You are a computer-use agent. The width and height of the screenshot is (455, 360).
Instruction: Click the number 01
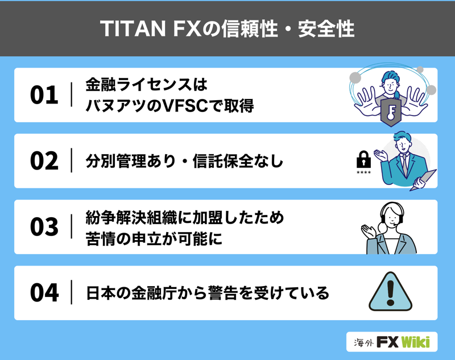pyautogui.click(x=44, y=95)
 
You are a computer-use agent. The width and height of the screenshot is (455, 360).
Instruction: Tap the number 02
pyautogui.click(x=44, y=161)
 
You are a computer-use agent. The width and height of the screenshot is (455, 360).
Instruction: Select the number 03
pyautogui.click(x=44, y=226)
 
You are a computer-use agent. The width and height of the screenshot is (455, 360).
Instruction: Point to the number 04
pyautogui.click(x=44, y=292)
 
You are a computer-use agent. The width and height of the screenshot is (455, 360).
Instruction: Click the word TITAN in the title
pyautogui.click(x=133, y=28)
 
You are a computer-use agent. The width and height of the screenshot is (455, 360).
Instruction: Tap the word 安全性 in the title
pyautogui.click(x=326, y=28)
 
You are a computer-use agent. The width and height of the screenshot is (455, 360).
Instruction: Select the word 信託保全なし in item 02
pyautogui.click(x=238, y=161)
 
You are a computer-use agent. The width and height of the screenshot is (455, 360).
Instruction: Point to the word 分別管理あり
pyautogui.click(x=131, y=161)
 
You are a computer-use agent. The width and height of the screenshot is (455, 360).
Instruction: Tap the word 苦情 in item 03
pyautogui.click(x=101, y=238)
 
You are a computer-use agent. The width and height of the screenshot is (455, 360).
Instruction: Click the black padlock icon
pyautogui.click(x=363, y=159)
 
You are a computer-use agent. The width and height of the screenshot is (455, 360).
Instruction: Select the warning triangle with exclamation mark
pyautogui.click(x=390, y=292)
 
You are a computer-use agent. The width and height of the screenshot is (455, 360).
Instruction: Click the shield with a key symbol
pyautogui.click(x=391, y=112)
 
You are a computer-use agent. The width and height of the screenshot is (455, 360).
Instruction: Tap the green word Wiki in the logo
pyautogui.click(x=416, y=342)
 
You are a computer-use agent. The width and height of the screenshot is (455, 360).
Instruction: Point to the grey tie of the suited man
pyautogui.click(x=404, y=165)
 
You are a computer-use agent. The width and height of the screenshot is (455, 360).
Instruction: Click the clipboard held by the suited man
pyautogui.click(x=423, y=180)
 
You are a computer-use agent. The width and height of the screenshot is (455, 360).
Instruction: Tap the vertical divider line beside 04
pyautogui.click(x=72, y=292)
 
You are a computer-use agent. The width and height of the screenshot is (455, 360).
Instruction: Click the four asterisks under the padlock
pyautogui.click(x=363, y=172)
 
